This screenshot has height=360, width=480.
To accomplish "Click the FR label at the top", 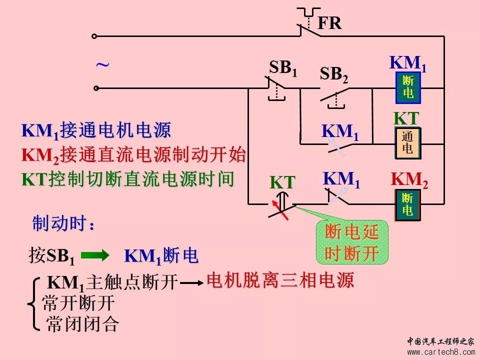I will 329,23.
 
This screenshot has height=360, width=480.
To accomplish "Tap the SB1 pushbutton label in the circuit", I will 283,68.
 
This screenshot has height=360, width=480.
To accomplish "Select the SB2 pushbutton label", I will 333,75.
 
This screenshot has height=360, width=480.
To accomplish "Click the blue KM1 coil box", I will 407,87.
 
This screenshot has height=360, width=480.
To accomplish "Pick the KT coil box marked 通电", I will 407,143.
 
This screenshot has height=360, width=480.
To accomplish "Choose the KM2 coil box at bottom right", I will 407,205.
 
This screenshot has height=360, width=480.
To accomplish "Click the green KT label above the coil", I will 405,119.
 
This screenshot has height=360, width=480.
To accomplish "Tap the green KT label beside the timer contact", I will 282,182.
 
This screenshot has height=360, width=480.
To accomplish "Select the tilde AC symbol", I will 102,65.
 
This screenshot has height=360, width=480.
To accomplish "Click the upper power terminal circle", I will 94,36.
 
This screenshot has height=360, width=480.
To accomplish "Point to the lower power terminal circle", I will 96,88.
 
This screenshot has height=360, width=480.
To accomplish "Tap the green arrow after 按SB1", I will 94,256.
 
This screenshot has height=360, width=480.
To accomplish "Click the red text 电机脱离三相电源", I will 280,280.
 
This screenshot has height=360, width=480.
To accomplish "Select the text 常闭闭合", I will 82,324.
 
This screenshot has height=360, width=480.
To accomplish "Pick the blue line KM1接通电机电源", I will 96,131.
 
